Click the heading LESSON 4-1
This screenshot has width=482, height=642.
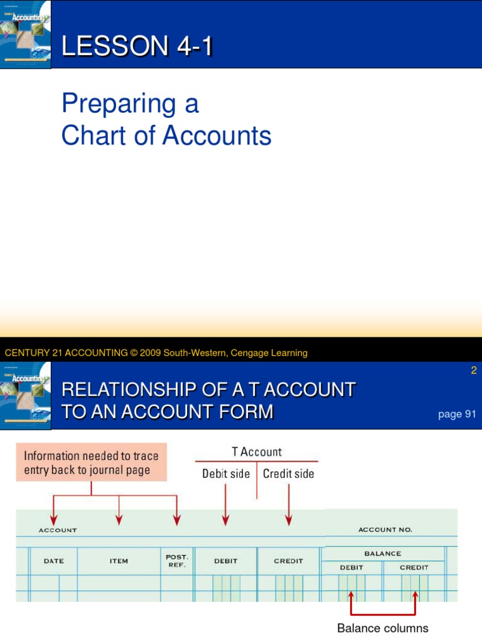click(x=136, y=47)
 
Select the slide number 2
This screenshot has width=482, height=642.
click(x=474, y=371)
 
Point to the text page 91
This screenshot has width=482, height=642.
click(x=457, y=414)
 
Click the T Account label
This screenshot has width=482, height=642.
click(x=257, y=452)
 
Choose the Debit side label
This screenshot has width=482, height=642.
click(x=226, y=474)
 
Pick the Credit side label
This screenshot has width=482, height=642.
click(x=289, y=474)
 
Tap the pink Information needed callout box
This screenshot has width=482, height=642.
click(x=92, y=463)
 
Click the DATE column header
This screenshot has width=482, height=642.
click(x=54, y=561)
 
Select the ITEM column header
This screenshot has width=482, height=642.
click(x=119, y=561)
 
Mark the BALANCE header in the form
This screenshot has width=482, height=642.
click(x=382, y=554)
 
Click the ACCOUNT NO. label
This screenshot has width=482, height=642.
click(x=385, y=530)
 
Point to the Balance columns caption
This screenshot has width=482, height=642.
click(x=383, y=628)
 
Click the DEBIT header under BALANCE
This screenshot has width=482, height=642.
click(x=352, y=567)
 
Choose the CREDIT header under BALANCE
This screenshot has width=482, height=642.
click(x=414, y=567)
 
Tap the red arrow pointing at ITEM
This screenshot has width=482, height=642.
click(x=119, y=511)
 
